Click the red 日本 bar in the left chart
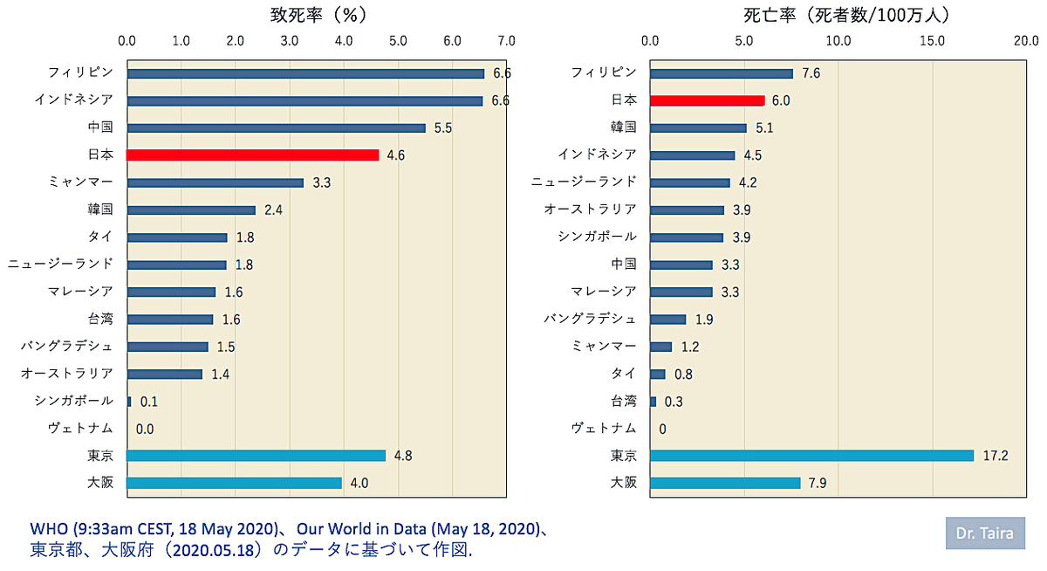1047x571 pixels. (x=252, y=155)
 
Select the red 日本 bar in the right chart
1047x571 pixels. (x=708, y=100)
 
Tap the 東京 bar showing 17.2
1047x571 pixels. (x=812, y=456)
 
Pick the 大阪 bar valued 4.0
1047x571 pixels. (x=234, y=483)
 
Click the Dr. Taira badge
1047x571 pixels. (x=985, y=533)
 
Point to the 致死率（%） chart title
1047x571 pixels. (x=318, y=15)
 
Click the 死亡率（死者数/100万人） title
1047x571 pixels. (x=847, y=15)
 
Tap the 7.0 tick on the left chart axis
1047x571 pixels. (x=506, y=41)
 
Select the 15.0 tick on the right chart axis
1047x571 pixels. (x=933, y=41)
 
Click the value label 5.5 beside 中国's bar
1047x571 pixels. (x=443, y=128)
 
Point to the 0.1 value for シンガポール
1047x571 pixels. (x=149, y=402)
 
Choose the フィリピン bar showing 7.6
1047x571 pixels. (x=722, y=73)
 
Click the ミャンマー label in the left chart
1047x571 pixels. (x=81, y=182)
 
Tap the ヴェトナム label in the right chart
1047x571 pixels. (x=604, y=428)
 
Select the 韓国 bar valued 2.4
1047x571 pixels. (x=191, y=210)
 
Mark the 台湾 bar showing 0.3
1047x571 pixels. (x=653, y=402)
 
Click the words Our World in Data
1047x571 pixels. (x=361, y=529)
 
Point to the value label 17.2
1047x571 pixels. (x=996, y=456)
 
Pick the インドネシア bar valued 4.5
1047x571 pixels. (x=692, y=155)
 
